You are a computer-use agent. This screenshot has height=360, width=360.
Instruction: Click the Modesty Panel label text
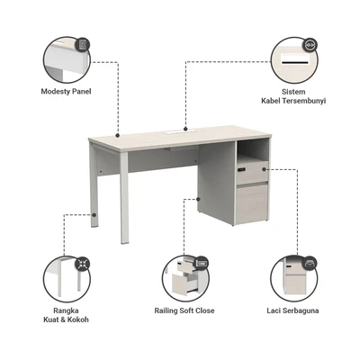pos(66,92)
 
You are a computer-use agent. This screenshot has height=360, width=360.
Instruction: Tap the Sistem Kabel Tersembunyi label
pos(293,96)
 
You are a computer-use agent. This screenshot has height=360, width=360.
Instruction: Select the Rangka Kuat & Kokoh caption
pos(67,315)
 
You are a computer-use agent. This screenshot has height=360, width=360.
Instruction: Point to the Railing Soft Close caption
pos(184,310)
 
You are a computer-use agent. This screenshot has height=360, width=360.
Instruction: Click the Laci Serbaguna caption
pos(292,310)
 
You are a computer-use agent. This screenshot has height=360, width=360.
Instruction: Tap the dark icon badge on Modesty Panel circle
pos(83,45)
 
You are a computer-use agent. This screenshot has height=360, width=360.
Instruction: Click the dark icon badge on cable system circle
pos(310,45)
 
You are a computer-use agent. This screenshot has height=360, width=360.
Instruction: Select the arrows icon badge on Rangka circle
pos(82,264)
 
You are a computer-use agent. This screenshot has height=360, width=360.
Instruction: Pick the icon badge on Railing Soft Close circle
pos(202,264)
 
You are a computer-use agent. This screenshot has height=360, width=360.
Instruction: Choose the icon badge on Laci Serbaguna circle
pos(310,264)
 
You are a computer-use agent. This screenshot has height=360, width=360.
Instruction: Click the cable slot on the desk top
pos(175,131)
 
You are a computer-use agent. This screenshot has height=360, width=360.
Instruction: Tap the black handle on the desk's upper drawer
pos(241,170)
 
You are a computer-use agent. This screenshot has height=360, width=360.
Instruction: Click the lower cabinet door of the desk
pos(252,204)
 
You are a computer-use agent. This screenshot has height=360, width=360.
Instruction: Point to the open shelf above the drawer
pos(253,151)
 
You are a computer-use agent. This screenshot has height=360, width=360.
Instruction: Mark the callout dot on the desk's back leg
pos(94,215)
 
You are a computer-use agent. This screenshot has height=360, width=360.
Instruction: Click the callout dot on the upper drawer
pos(264,169)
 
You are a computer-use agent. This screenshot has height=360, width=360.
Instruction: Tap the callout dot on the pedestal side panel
pos(198,199)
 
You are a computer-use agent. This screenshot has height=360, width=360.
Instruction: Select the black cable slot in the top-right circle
pos(294,63)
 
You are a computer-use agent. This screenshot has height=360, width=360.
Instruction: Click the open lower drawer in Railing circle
pos(184,283)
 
